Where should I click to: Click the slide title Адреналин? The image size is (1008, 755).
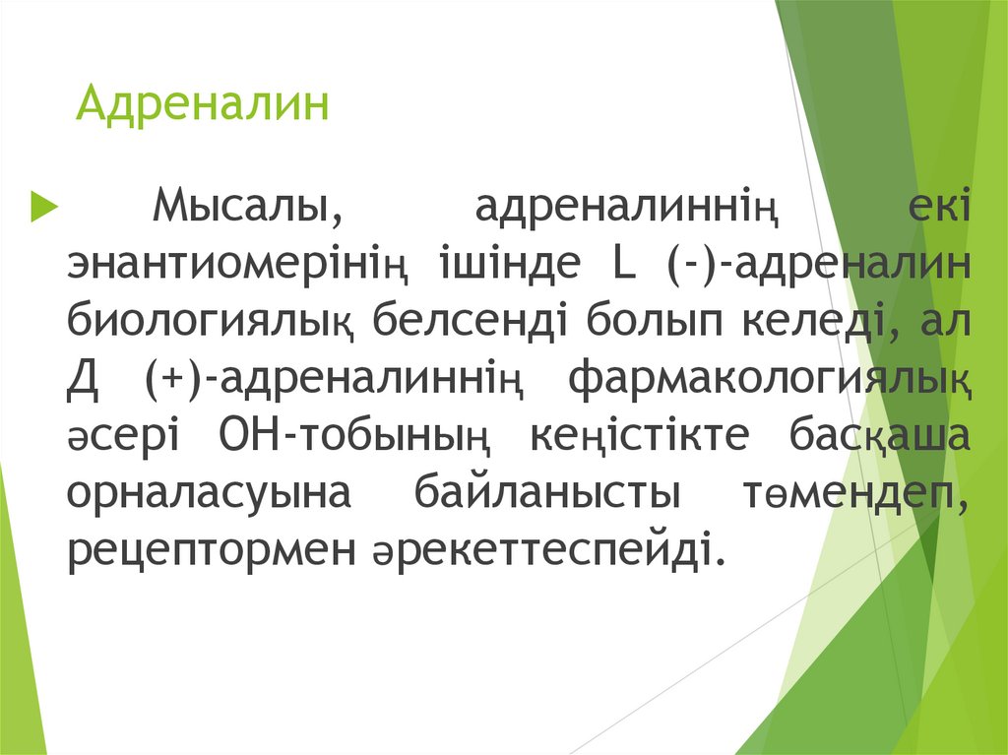pos(203,104)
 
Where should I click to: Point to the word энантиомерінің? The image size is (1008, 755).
pos(237,266)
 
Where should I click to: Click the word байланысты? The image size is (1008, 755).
pos(548,494)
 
